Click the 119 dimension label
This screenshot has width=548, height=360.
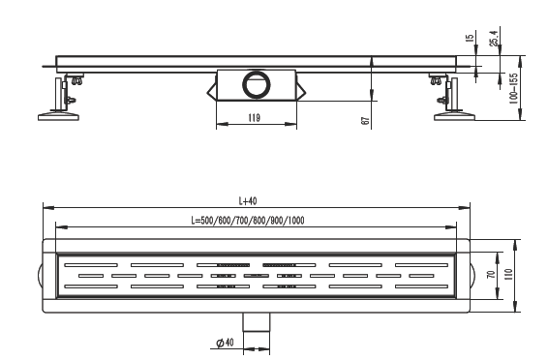pos(254,118)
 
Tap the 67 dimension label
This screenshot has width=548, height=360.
pos(365,121)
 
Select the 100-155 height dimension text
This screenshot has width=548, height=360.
pos(513,89)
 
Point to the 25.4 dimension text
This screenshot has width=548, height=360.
pos(494,38)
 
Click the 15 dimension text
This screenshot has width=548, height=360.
pos(471,38)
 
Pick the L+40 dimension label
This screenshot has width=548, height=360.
pos(248,200)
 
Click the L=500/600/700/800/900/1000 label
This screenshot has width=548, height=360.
pos(248,221)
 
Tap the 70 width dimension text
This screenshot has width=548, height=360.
pos(491,275)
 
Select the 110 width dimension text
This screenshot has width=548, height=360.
pos(508,274)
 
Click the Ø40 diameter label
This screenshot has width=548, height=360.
pos(225,343)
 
